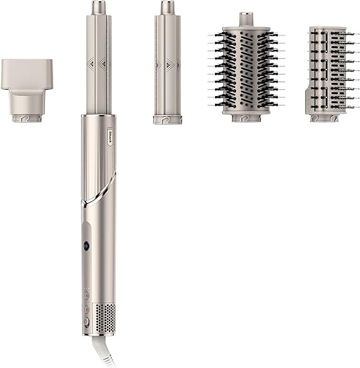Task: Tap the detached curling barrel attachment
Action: pos(167,63)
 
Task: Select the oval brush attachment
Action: pos(245,66)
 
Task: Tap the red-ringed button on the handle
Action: pos(86,309)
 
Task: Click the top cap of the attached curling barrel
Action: pos(98,8)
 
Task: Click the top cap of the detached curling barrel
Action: pos(167,8)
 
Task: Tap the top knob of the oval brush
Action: pos(245,18)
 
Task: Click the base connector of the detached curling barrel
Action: pos(167,118)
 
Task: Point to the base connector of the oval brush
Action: pos(245,116)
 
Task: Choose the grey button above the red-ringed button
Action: pos(86,295)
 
